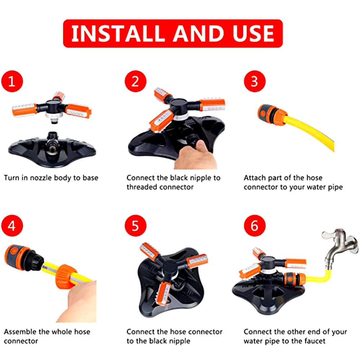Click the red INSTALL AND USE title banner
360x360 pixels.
(173, 33)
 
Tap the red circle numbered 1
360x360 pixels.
(12, 81)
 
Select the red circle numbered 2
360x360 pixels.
(135, 81)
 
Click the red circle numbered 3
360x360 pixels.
(254, 81)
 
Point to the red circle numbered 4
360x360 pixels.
(12, 226)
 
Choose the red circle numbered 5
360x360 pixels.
(135, 226)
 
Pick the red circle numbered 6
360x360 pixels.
(254, 226)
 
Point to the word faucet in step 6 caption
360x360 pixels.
(314, 341)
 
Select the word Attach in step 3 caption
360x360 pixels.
(254, 177)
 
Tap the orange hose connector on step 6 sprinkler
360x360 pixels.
(296, 279)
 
